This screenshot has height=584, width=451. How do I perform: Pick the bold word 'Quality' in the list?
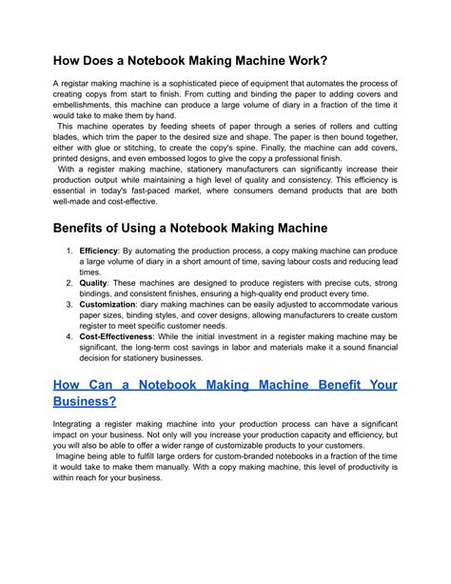coord(93,283)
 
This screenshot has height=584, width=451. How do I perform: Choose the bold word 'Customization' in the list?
coord(108,304)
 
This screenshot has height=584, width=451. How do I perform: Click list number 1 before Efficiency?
coord(69,251)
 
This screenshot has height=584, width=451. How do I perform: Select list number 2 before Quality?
coord(69,283)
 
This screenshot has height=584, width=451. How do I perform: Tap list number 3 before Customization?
coord(69,304)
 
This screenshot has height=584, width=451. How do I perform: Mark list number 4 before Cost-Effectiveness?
coord(69,337)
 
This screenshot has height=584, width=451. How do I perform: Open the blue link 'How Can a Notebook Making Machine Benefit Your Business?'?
coord(225,386)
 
